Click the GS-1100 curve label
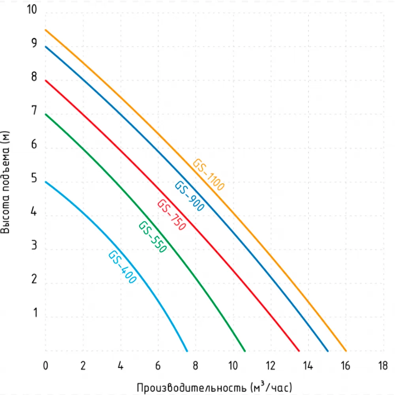tap(209, 175)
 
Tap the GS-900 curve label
tap(190, 196)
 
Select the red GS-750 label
tap(171, 215)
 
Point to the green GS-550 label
tap(152, 237)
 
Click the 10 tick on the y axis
tap(32, 9)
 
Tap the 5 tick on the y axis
tap(34, 179)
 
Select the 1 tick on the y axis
tap(35, 313)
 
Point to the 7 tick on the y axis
tap(34, 111)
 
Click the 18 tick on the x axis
tap(383, 365)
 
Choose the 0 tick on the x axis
tap(45, 365)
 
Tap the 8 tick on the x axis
tap(195, 365)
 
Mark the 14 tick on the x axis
tap(308, 365)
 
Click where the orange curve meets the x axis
tap(346, 351)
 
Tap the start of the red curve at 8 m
tap(46, 81)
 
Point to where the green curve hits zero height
tap(245, 351)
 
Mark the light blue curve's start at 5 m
tap(46, 182)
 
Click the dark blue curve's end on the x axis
tap(328, 351)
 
